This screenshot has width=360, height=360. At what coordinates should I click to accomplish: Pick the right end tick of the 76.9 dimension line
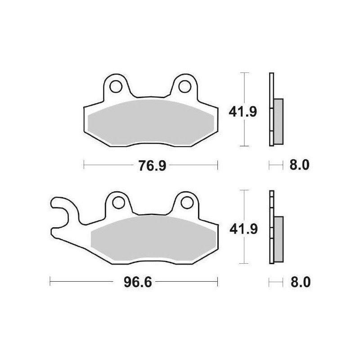coord(218,166)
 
